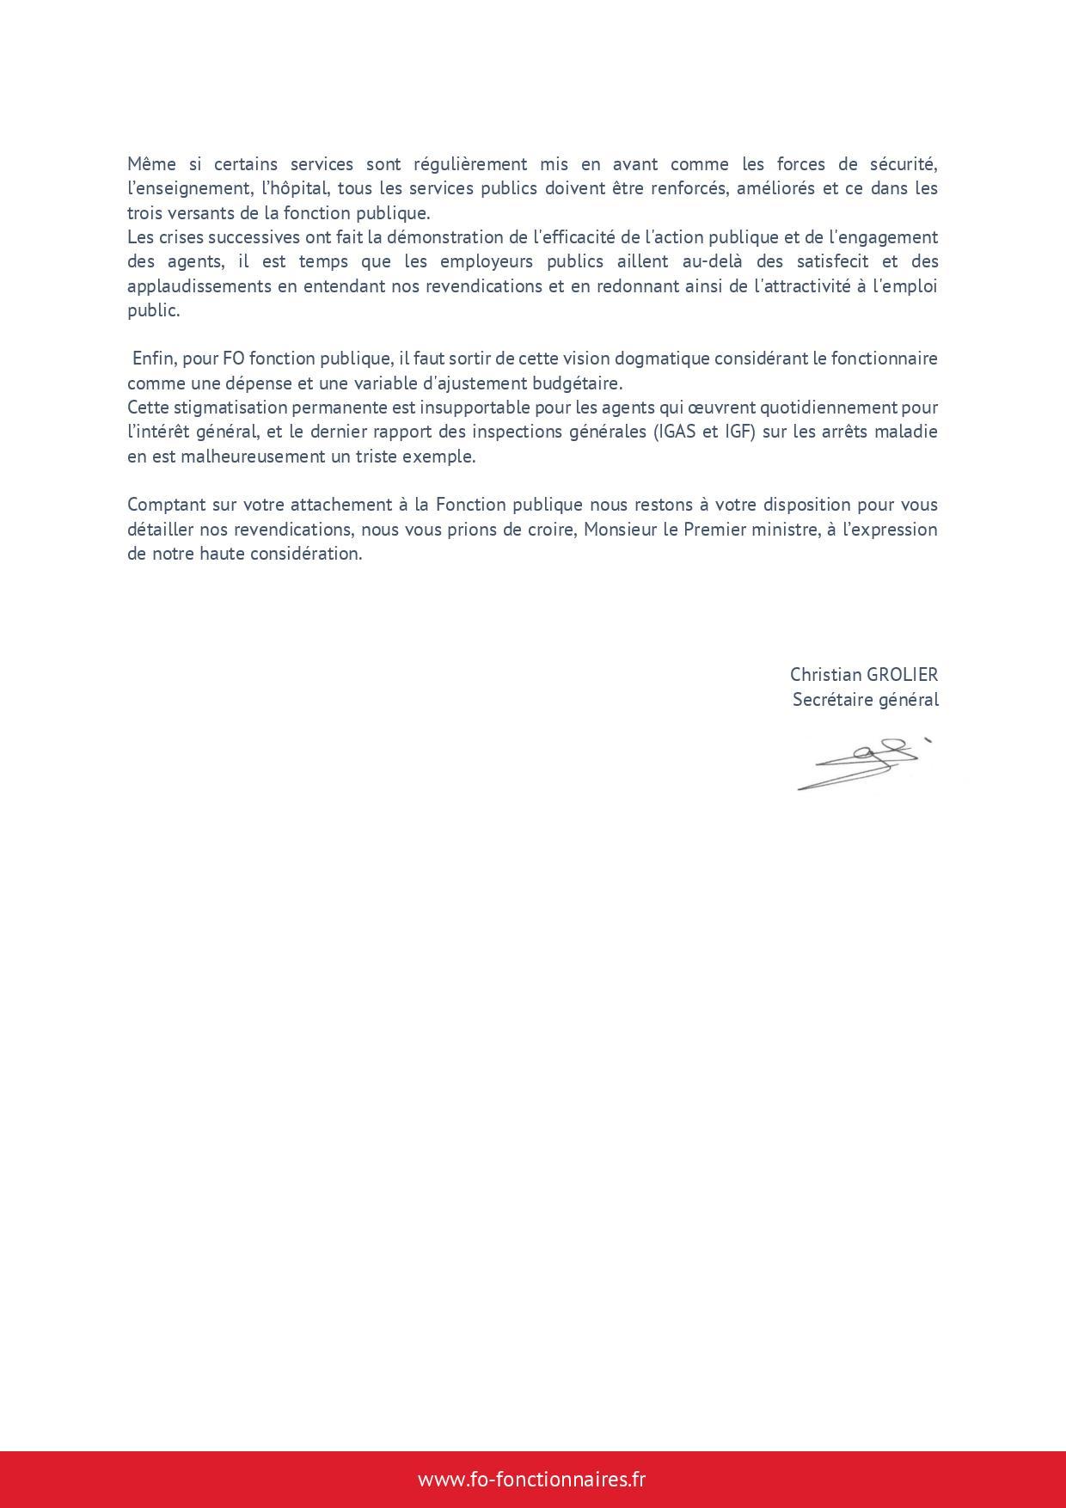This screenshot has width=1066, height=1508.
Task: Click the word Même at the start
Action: pos(149,164)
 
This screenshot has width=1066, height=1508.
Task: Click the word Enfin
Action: pos(153,359)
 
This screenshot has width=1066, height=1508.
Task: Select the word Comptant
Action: pos(165,505)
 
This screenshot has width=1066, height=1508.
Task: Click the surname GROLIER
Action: pos(896,675)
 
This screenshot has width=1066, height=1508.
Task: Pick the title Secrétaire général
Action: pos(865,700)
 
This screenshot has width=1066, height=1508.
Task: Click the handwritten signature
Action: pos(862,763)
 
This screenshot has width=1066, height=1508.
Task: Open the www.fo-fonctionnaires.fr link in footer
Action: pos(531,1479)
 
